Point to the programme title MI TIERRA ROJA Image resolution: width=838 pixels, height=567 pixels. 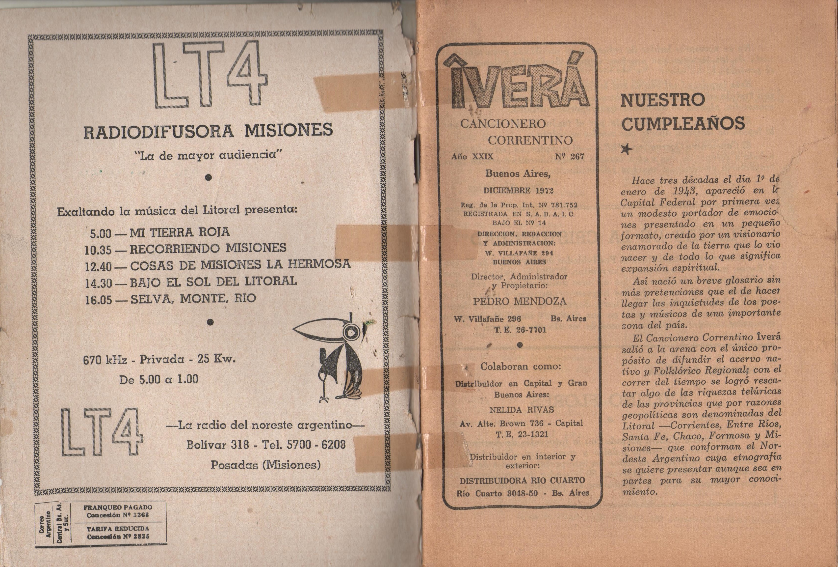click(x=180, y=232)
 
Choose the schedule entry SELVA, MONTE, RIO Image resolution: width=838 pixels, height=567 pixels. click(x=193, y=298)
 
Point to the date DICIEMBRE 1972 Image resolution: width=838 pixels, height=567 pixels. click(x=518, y=190)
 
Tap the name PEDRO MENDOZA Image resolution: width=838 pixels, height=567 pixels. click(x=520, y=301)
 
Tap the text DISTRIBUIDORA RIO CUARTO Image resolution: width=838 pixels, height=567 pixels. click(x=522, y=480)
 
